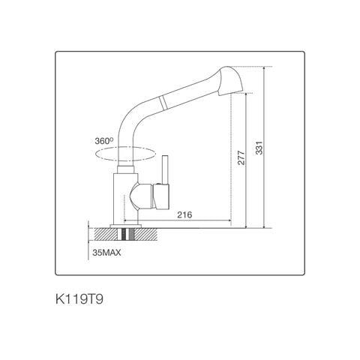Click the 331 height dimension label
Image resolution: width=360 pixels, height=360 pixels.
[x=259, y=149]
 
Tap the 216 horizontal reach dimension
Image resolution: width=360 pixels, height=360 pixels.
[x=184, y=215]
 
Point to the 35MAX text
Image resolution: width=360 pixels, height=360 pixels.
[x=106, y=253]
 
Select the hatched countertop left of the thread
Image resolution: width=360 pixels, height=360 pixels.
[x=100, y=234]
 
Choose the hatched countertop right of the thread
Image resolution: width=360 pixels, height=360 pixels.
[x=150, y=234]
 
